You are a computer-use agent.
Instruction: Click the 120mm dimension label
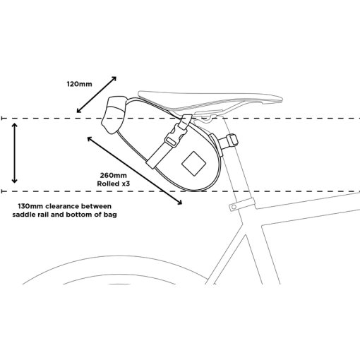click(80, 84)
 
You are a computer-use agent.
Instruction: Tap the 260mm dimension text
click(114, 175)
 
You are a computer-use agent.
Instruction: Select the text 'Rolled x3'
click(114, 184)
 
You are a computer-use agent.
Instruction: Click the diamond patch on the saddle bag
click(194, 164)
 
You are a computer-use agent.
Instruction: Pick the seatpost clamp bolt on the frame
click(234, 207)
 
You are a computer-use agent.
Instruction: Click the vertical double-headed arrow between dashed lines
click(15, 153)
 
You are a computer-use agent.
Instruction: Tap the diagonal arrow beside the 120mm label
click(97, 95)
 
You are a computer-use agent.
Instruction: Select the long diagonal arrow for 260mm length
click(135, 171)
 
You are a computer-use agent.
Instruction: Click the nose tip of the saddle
click(282, 100)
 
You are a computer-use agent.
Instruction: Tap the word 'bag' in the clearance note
click(112, 215)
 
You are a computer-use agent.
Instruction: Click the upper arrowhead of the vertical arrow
click(15, 126)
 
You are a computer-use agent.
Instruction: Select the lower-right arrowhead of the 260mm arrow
click(179, 202)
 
